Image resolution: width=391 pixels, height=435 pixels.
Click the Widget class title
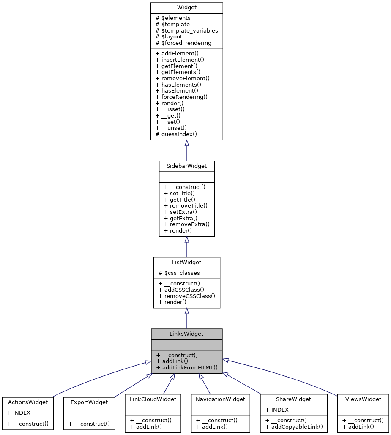(x=186, y=8)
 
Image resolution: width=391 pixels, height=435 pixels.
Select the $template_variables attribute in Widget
(x=187, y=30)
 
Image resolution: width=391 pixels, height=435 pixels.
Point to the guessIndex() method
(x=176, y=134)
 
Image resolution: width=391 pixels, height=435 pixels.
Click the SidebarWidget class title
(x=186, y=166)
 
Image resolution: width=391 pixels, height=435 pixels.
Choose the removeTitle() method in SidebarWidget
(x=186, y=205)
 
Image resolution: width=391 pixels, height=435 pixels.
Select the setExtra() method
(x=180, y=212)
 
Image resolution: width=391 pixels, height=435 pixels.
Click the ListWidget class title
(x=186, y=263)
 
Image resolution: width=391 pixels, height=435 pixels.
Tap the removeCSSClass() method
(x=186, y=295)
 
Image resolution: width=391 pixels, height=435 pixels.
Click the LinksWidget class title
(x=186, y=334)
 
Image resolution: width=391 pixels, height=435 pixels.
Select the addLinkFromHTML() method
(x=186, y=367)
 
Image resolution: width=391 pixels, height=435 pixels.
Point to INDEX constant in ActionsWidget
(x=19, y=412)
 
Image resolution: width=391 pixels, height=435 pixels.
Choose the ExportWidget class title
(x=89, y=402)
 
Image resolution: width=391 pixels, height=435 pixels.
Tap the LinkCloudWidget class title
(x=153, y=399)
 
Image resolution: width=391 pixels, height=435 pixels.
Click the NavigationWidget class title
(x=219, y=399)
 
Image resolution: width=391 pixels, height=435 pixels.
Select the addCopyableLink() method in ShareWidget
(x=294, y=427)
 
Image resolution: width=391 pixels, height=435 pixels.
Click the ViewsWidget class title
(x=363, y=399)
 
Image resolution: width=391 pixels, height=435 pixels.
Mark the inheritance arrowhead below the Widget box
(x=186, y=143)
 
